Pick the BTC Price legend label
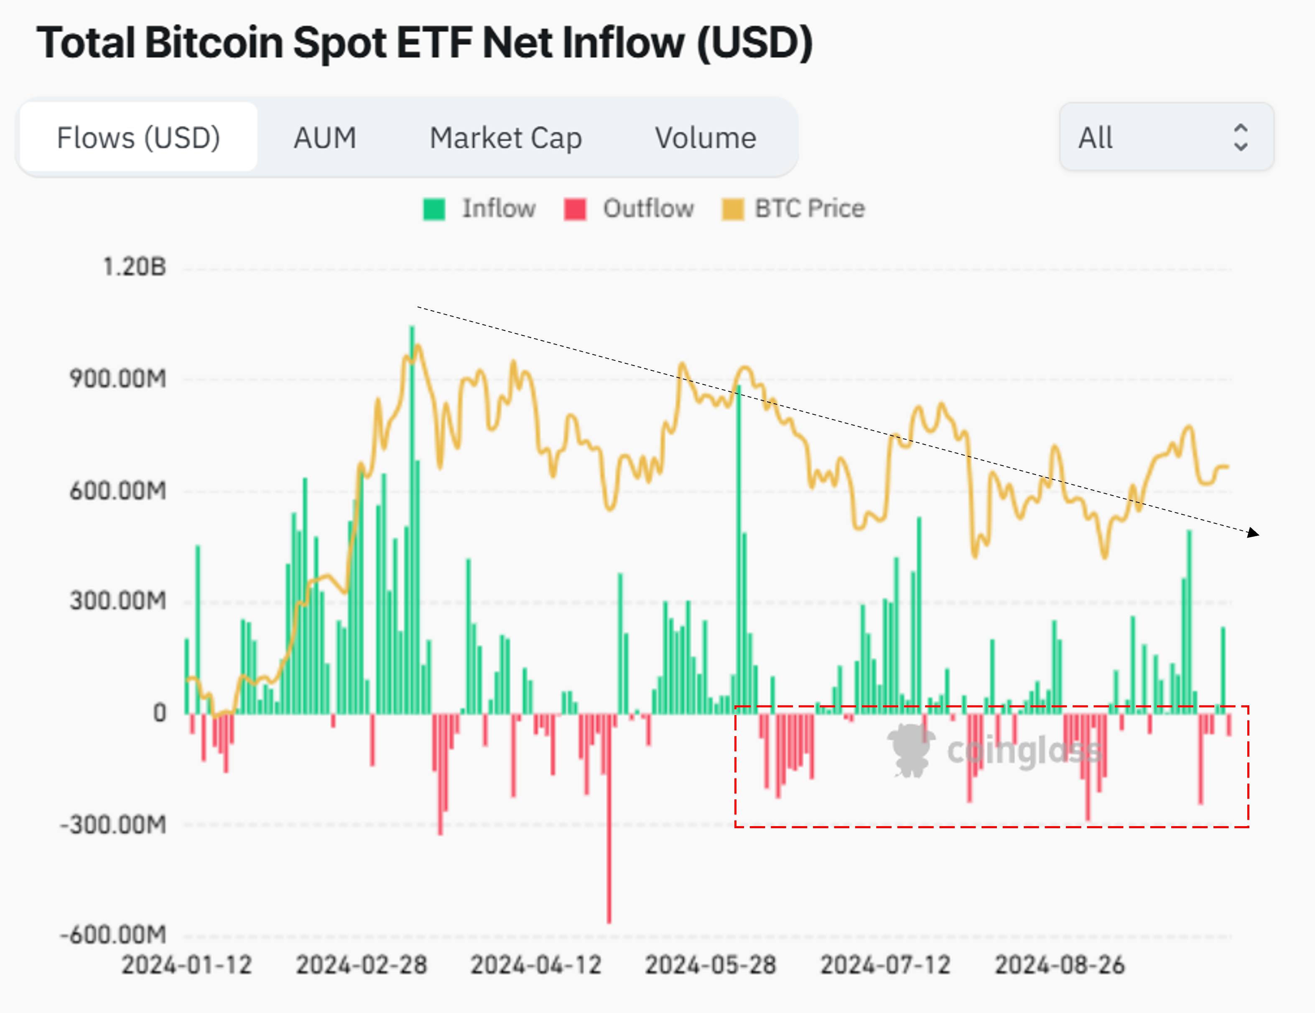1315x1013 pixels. tap(809, 208)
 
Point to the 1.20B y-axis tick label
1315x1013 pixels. tap(134, 267)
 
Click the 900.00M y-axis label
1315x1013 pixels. tap(117, 379)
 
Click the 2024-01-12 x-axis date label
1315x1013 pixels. tap(187, 965)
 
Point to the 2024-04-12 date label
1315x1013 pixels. tap(536, 965)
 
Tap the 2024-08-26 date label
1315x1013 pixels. tap(1060, 965)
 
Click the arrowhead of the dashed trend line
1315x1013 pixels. tap(1254, 533)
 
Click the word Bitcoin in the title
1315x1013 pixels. tap(214, 43)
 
